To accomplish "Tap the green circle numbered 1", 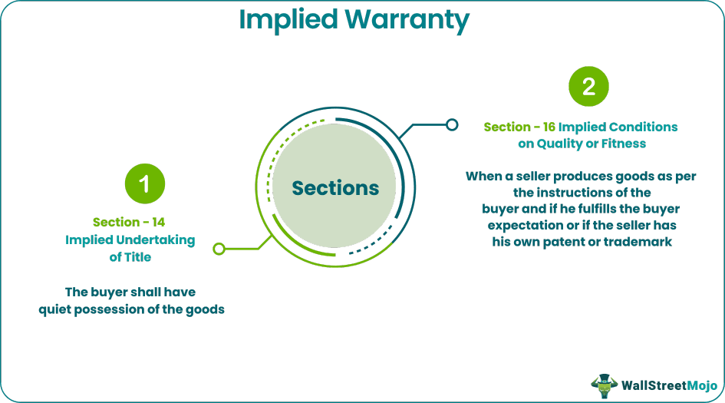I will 145,183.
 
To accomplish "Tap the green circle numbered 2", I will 588,87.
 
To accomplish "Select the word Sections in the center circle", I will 335,188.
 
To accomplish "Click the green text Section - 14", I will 129,223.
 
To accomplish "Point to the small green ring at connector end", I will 219,249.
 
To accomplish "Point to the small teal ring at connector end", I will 453,124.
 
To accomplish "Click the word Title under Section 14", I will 137,257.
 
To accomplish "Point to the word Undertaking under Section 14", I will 152,240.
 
